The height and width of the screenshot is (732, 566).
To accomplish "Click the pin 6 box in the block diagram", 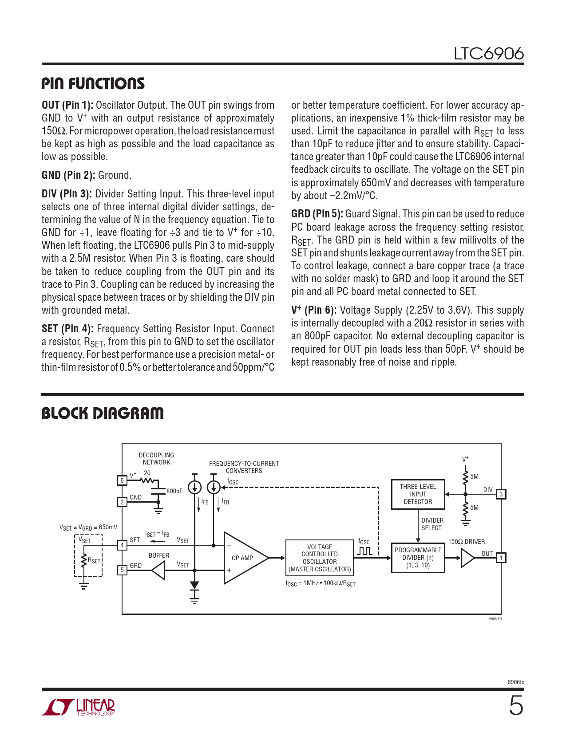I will click(x=122, y=480).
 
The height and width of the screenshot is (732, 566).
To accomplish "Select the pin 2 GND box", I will click(x=122, y=502).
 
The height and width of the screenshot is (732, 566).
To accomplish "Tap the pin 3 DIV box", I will click(x=501, y=494).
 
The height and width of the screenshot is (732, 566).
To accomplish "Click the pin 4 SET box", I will click(x=122, y=545).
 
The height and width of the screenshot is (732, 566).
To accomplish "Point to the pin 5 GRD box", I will click(x=122, y=570).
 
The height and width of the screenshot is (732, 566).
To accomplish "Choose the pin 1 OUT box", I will click(x=501, y=558).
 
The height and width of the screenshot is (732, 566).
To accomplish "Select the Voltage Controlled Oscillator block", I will click(x=320, y=558).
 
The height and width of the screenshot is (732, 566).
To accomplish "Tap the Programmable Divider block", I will click(x=418, y=558).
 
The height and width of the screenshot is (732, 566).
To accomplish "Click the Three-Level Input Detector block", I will click(x=418, y=494).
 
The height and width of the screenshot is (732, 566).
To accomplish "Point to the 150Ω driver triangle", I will click(x=467, y=558).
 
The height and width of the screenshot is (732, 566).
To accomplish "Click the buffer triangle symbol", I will click(x=159, y=570).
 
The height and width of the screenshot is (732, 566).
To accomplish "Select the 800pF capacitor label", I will click(x=174, y=491).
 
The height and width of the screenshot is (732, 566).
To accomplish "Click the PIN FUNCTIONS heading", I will click(x=93, y=84).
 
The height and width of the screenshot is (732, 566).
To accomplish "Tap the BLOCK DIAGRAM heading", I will click(x=103, y=413).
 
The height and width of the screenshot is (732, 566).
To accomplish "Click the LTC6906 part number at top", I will click(x=488, y=54).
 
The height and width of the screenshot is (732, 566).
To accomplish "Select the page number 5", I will click(x=516, y=706).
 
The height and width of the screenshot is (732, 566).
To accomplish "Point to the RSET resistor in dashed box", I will click(x=84, y=561).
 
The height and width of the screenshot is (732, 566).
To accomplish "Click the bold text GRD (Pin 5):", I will click(x=317, y=214).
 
